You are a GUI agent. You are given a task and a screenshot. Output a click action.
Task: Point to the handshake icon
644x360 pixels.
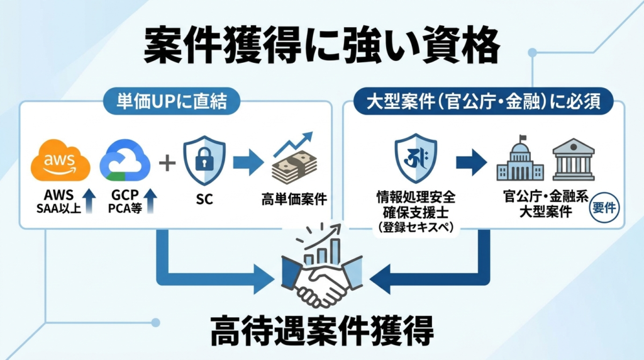(x=321, y=277)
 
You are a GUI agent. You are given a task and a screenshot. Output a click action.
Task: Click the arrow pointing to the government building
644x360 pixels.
(x=471, y=162)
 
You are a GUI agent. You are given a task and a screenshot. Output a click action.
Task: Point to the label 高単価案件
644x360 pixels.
(x=294, y=200)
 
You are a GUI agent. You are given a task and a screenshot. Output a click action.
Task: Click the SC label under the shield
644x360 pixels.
(x=204, y=200)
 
